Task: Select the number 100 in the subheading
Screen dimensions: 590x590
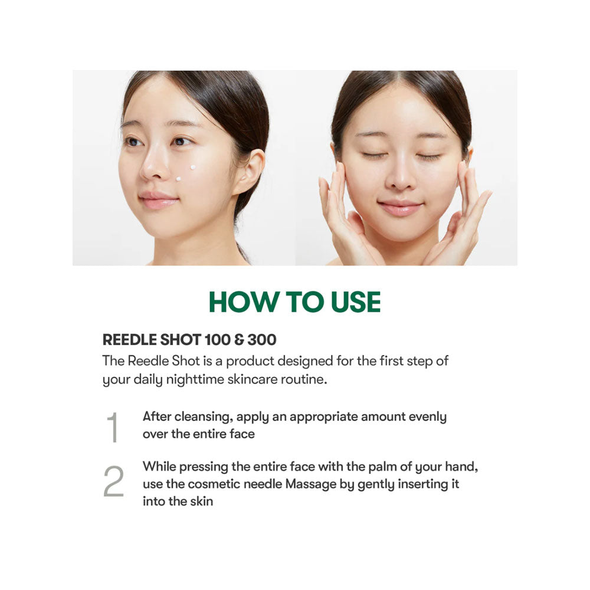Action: click(x=218, y=340)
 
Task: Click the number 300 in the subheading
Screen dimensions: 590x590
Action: click(x=263, y=340)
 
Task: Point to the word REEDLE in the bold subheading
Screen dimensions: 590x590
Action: click(x=129, y=340)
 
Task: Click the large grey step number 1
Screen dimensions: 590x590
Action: click(x=113, y=427)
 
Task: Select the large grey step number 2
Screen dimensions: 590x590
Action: click(x=114, y=481)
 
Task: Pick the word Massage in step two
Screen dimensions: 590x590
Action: click(x=311, y=484)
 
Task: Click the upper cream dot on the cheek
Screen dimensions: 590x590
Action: click(x=193, y=168)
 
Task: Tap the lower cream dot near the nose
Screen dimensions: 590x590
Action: click(x=178, y=179)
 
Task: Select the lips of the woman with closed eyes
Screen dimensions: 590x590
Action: click(x=399, y=208)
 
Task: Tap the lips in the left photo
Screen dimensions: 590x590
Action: click(x=158, y=200)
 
